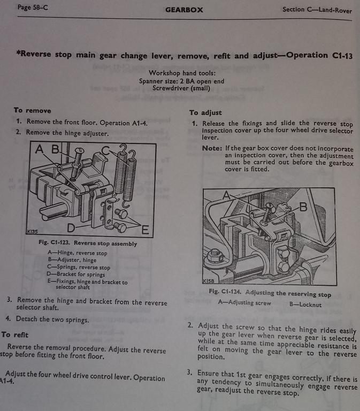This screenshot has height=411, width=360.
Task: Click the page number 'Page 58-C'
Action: pyautogui.click(x=33, y=7)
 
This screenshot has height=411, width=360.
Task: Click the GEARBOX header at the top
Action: pyautogui.click(x=184, y=10)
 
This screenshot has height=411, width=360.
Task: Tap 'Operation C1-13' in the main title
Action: pyautogui.click(x=319, y=56)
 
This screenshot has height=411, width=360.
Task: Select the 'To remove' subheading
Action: pyautogui.click(x=33, y=110)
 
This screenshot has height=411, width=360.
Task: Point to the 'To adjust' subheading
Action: pyautogui.click(x=206, y=113)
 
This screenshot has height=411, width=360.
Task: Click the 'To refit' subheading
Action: pyautogui.click(x=14, y=334)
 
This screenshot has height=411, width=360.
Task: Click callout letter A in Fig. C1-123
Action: pyautogui.click(x=39, y=149)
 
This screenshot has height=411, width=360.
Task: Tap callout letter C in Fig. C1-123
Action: pyautogui.click(x=105, y=151)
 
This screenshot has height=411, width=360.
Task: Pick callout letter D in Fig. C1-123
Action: pyautogui.click(x=71, y=228)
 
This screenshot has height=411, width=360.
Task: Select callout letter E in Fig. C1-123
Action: pyautogui.click(x=145, y=230)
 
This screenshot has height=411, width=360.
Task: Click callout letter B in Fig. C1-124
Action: pyautogui.click(x=303, y=207)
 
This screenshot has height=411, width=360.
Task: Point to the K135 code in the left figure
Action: pyautogui.click(x=33, y=231)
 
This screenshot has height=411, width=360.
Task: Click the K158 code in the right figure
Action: pyautogui.click(x=209, y=281)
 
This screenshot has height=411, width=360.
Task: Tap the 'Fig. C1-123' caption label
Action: pyautogui.click(x=54, y=242)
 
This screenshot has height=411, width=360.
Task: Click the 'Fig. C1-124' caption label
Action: pyautogui.click(x=225, y=292)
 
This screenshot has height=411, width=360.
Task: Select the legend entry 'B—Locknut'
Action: pyautogui.click(x=305, y=305)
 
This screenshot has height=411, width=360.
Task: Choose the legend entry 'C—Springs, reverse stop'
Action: pyautogui.click(x=79, y=267)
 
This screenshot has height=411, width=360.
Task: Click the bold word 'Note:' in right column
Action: pyautogui.click(x=212, y=148)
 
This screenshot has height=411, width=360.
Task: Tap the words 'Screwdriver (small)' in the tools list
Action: pyautogui.click(x=181, y=88)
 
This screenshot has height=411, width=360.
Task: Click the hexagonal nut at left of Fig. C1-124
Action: pyautogui.click(x=215, y=255)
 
